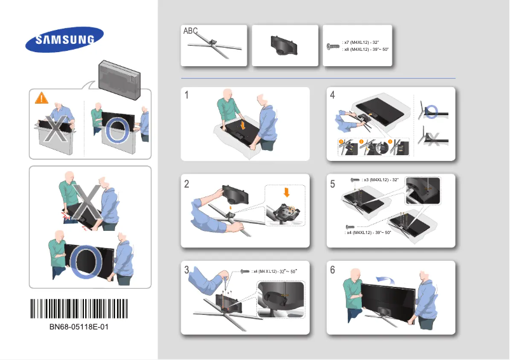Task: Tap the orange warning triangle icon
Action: (41, 98)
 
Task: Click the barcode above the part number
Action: (79, 309)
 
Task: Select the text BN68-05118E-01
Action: (79, 327)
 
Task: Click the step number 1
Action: (187, 95)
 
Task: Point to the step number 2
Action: (187, 184)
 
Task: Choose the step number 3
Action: (187, 270)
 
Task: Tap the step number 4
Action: (332, 95)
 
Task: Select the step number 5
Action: (332, 184)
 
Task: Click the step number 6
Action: (332, 270)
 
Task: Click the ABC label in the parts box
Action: (191, 31)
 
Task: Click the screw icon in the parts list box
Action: (333, 46)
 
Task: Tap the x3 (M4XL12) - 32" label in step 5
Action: (380, 181)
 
